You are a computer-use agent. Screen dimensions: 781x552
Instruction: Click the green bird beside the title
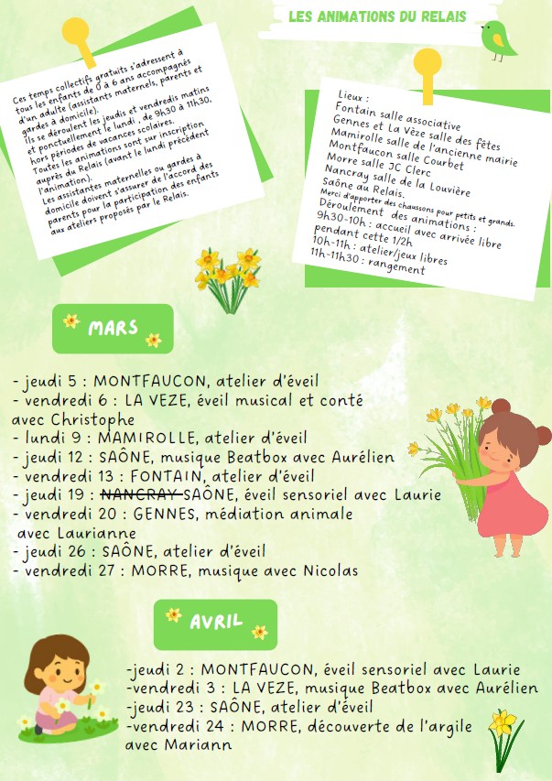pyautogui.click(x=499, y=38)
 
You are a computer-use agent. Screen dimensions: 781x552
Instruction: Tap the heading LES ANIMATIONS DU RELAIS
pyautogui.click(x=377, y=16)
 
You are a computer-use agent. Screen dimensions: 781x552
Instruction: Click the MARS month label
pyautogui.click(x=113, y=328)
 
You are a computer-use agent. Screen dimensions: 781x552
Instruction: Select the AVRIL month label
pyautogui.click(x=216, y=623)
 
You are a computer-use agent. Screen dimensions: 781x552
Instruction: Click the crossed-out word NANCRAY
pyautogui.click(x=146, y=494)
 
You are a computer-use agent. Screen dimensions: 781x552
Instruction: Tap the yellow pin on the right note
pyautogui.click(x=425, y=64)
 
